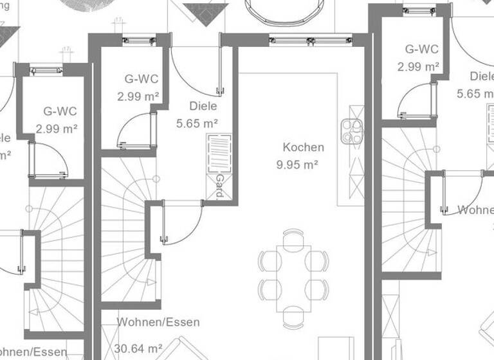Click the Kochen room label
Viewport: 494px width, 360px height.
click(303, 147)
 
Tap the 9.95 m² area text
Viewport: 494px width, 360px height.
click(298, 165)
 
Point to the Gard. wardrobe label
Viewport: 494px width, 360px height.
click(219, 186)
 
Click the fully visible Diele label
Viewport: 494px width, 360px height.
click(203, 106)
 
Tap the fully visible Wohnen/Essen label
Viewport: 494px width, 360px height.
click(158, 322)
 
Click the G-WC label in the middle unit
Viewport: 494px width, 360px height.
click(141, 80)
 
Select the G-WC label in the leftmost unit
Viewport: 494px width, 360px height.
click(60, 111)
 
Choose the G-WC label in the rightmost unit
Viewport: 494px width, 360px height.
click(422, 49)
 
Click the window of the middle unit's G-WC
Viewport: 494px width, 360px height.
click(139, 40)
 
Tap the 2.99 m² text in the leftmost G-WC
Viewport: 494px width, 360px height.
click(57, 129)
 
